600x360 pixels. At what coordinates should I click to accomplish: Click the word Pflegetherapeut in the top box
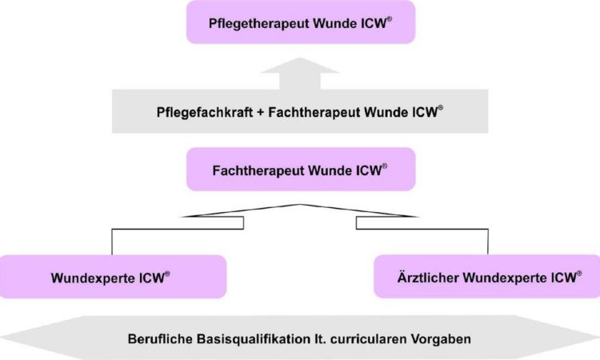[x=259, y=23]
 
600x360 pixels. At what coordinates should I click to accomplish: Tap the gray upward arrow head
[x=300, y=66]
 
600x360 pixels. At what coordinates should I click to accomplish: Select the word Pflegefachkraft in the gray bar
[x=205, y=113]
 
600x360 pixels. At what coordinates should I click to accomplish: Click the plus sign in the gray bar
[x=261, y=113]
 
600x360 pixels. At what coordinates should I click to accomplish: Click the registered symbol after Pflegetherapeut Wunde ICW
[x=389, y=18]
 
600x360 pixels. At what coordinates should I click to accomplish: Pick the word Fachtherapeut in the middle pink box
[x=258, y=170]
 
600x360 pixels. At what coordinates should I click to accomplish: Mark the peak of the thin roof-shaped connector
[x=300, y=205]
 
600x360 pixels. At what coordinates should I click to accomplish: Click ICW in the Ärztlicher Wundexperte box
[x=564, y=278]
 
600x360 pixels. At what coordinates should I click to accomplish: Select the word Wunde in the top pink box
[x=335, y=23]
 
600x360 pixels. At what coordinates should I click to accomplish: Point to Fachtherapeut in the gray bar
[x=314, y=113]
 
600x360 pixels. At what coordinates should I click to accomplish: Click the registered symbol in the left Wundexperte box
[x=167, y=274]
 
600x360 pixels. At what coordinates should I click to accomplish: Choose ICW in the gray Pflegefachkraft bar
[x=425, y=113]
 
